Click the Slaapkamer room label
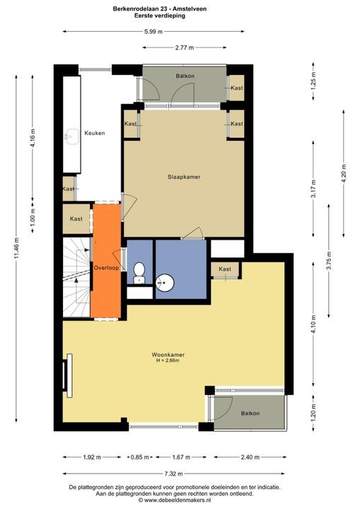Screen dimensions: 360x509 [184, 177]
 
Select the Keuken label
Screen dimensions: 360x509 [95, 133]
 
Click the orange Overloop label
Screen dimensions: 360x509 [106, 268]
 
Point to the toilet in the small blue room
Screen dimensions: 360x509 [139, 273]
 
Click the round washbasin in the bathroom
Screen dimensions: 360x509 [165, 282]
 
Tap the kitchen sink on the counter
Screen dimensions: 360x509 [72, 137]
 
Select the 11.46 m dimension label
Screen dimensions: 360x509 [16, 249]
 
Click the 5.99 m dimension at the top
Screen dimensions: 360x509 [153, 32]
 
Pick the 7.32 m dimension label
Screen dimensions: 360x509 [173, 474]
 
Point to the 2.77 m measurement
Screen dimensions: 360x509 [184, 48]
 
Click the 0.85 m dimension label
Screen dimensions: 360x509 [140, 457]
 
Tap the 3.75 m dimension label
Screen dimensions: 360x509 [329, 261]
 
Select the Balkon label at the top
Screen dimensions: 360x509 [185, 76]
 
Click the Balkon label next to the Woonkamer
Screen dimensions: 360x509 [250, 414]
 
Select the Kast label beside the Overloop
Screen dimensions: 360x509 [76, 218]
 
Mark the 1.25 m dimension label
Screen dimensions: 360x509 [313, 81]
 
